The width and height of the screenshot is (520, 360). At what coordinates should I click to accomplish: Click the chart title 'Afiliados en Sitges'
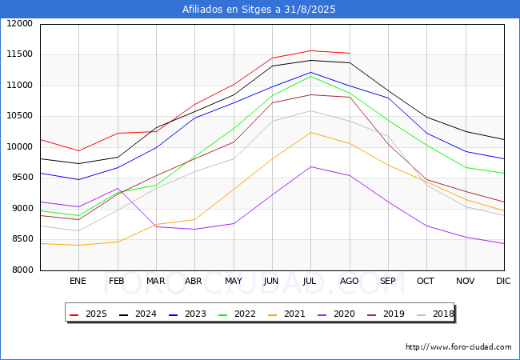259,10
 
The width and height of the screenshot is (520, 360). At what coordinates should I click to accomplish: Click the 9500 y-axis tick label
20,178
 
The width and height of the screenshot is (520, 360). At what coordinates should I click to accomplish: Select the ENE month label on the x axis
78,281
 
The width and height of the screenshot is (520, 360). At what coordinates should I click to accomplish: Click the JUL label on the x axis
310,281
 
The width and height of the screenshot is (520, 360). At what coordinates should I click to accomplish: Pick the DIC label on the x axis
503,281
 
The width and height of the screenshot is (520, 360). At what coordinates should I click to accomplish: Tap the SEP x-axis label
387,281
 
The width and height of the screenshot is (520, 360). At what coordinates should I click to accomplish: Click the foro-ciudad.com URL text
458,347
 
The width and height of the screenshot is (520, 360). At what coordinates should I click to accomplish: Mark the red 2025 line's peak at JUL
310,50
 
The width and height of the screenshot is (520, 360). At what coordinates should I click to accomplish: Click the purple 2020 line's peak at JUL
310,166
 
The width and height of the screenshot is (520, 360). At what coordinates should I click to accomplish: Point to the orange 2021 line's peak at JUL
310,132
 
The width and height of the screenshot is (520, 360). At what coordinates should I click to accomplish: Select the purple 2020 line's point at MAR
156,226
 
